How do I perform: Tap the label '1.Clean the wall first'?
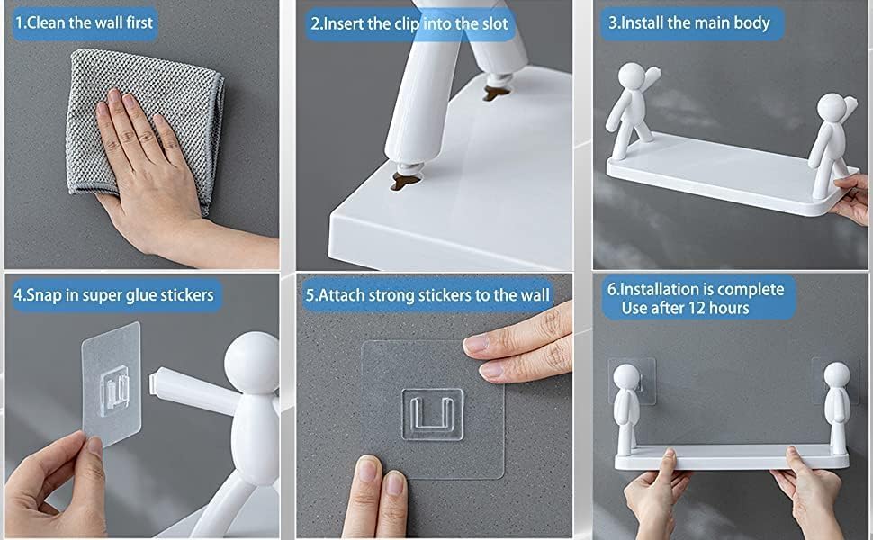[x=84, y=22]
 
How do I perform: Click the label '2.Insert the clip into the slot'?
[x=409, y=24]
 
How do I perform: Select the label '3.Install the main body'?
[x=688, y=22]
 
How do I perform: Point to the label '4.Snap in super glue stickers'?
[x=114, y=294]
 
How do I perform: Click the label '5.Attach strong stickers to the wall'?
[x=427, y=294]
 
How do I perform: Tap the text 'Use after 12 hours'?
[x=685, y=308]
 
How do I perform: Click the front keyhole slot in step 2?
[x=406, y=180]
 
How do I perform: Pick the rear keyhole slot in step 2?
[x=497, y=93]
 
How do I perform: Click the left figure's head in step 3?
[x=632, y=76]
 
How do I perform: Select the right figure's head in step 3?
[x=832, y=107]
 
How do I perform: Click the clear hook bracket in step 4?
[x=114, y=390]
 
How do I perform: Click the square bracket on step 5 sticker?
[x=433, y=414]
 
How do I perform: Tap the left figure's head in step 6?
[x=626, y=377]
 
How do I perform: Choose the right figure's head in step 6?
[x=837, y=374]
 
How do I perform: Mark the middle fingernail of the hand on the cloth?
[x=130, y=101]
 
